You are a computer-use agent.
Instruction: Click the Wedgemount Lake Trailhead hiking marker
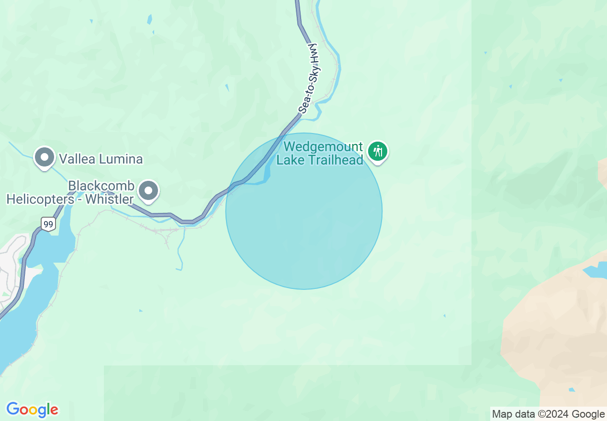tap(378, 152)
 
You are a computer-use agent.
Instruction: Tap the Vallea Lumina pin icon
tap(45, 156)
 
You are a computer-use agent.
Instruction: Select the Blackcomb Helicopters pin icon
tap(148, 190)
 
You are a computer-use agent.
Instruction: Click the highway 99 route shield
tap(48, 223)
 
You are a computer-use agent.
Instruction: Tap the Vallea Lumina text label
tap(101, 159)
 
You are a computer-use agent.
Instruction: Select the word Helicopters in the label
tap(43, 199)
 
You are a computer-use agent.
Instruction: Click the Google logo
tap(32, 410)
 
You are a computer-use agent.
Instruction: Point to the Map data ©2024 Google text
tap(548, 414)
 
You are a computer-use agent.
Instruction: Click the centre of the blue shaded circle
tap(304, 211)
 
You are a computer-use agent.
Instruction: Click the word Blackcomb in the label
tap(101, 186)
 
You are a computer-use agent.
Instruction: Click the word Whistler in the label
tap(110, 199)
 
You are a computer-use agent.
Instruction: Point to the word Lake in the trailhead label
tap(290, 160)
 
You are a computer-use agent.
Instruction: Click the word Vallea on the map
tap(77, 159)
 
